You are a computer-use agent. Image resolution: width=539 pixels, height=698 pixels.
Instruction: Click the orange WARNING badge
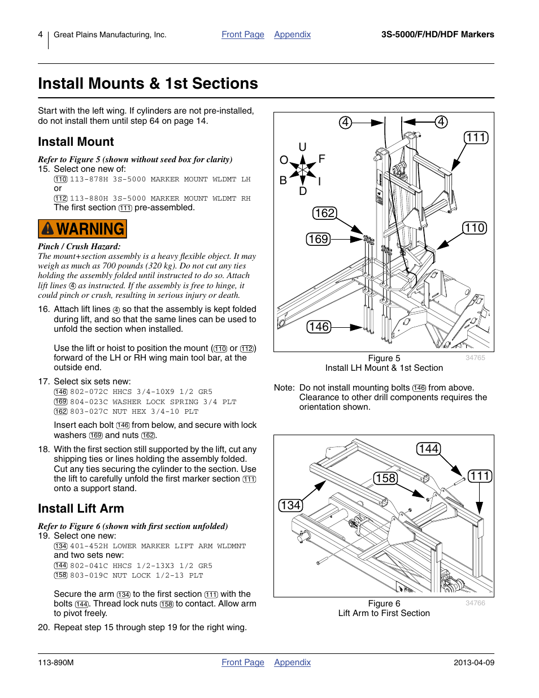(x=82, y=229)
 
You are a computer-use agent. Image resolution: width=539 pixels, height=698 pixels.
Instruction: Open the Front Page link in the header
(x=242, y=34)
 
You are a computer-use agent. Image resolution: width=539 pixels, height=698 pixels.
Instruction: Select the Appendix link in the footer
(x=292, y=662)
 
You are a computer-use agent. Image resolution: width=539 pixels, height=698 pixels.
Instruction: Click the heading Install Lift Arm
(x=81, y=509)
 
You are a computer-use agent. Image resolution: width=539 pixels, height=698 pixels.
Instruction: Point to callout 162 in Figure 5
(x=324, y=213)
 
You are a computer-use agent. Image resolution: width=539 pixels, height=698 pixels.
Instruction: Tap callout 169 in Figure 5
(x=318, y=239)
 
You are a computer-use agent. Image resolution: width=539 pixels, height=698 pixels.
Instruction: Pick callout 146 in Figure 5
(x=319, y=327)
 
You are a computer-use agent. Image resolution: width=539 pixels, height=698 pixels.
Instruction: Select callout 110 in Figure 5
(x=475, y=228)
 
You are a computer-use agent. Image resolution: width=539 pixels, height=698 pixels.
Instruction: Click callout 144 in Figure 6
(x=428, y=449)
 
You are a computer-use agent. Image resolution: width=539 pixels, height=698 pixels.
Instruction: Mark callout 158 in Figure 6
(x=385, y=478)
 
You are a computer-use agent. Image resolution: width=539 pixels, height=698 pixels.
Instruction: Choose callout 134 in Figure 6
(x=290, y=505)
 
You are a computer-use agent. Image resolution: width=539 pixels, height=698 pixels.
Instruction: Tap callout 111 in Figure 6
(x=480, y=476)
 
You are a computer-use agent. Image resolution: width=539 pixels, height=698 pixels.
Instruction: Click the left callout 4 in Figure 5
(x=345, y=123)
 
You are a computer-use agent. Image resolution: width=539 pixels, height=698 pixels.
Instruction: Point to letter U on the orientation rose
(x=302, y=147)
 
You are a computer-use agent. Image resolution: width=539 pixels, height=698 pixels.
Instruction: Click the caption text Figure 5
(x=384, y=358)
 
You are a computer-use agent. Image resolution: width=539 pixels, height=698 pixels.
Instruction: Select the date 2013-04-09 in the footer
(x=473, y=662)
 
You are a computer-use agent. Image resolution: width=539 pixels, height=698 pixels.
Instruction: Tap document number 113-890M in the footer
(x=55, y=662)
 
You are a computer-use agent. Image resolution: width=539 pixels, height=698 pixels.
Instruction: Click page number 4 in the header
(x=40, y=34)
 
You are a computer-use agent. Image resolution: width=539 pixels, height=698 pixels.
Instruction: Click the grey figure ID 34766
(x=475, y=603)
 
